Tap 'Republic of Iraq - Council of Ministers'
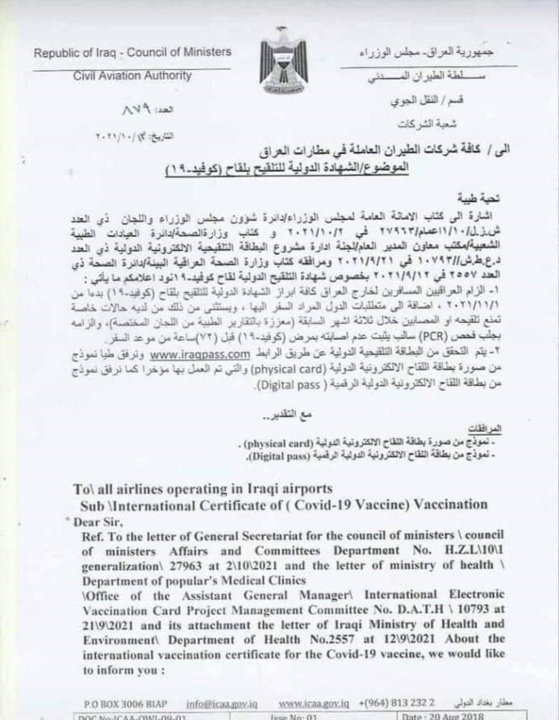132,52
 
